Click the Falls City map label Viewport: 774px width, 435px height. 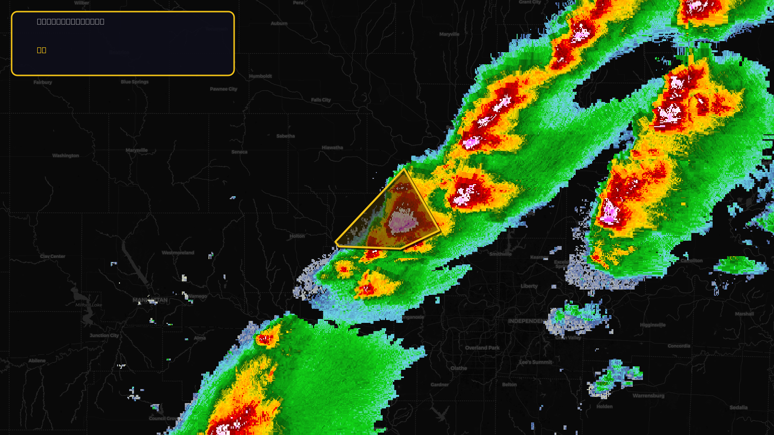tap(321, 100)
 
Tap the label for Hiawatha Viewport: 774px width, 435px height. tap(332, 148)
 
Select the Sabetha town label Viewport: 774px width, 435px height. tap(285, 136)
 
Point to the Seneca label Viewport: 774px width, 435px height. tap(239, 152)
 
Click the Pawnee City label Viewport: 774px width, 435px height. tap(223, 89)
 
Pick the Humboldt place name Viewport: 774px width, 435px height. tap(260, 76)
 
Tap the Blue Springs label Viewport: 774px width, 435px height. tap(134, 82)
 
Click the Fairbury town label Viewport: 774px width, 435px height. tap(43, 83)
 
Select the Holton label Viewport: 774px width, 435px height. tap(297, 236)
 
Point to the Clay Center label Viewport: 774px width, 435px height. tap(53, 257)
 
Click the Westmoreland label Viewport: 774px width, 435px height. tap(178, 253)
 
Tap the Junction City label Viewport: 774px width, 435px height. tap(104, 335)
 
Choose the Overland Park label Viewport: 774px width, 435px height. tap(482, 348)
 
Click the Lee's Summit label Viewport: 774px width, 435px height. tap(536, 362)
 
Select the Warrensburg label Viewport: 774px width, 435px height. tap(648, 396)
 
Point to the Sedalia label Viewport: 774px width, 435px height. tap(738, 407)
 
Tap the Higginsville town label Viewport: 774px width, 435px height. tap(653, 325)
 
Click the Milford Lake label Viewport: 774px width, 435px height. tap(89, 305)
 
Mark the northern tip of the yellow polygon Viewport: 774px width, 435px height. tap(404, 169)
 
